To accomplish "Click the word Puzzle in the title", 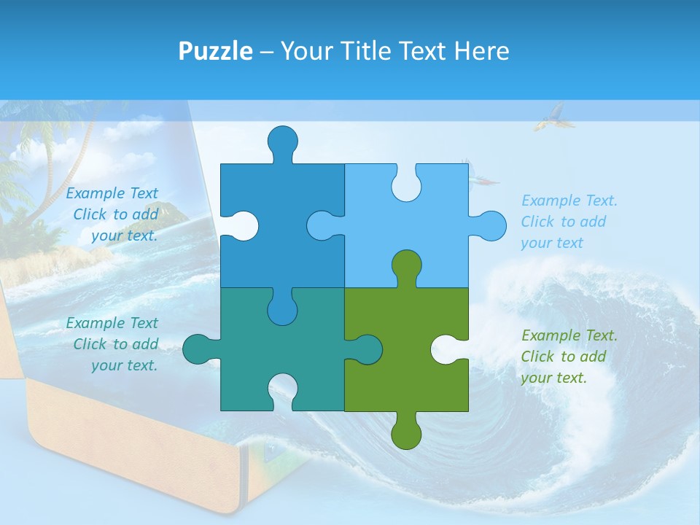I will point(216,51).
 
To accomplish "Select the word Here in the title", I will point(481,51).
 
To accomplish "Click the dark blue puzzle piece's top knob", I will point(282,141).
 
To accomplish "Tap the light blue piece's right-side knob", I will point(489,225).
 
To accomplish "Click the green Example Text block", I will point(569,357).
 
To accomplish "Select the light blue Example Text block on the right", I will point(569,222).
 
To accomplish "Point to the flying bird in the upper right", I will point(550,117).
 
